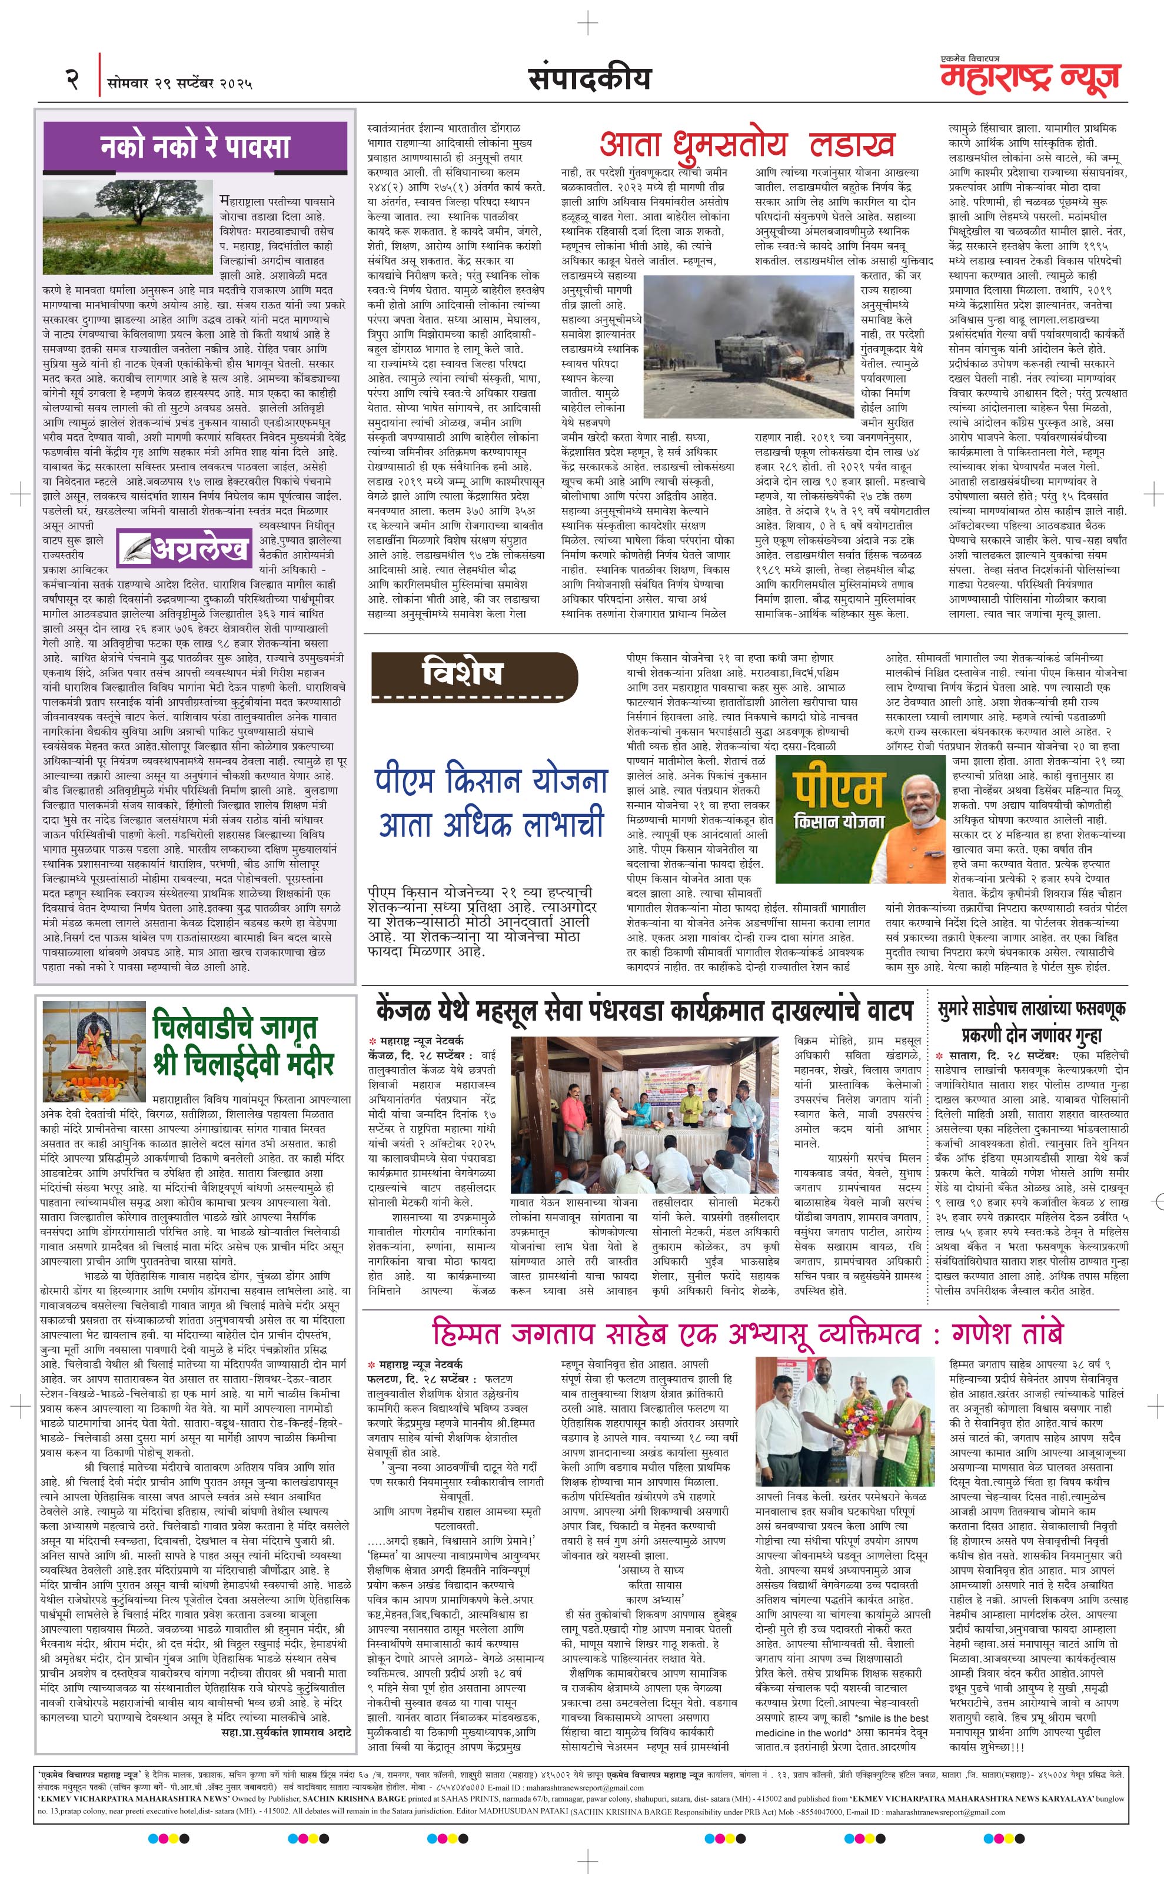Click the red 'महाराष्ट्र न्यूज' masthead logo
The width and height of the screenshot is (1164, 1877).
pos(1030,78)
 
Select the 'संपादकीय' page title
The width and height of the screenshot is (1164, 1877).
pos(589,78)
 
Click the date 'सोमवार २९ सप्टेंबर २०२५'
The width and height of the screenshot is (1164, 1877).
pos(180,82)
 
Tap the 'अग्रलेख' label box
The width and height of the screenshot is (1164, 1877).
pos(185,547)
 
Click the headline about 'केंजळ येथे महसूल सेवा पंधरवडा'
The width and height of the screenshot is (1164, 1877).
pos(644,1009)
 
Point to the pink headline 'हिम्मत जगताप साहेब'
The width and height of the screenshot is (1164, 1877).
pos(747,1332)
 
